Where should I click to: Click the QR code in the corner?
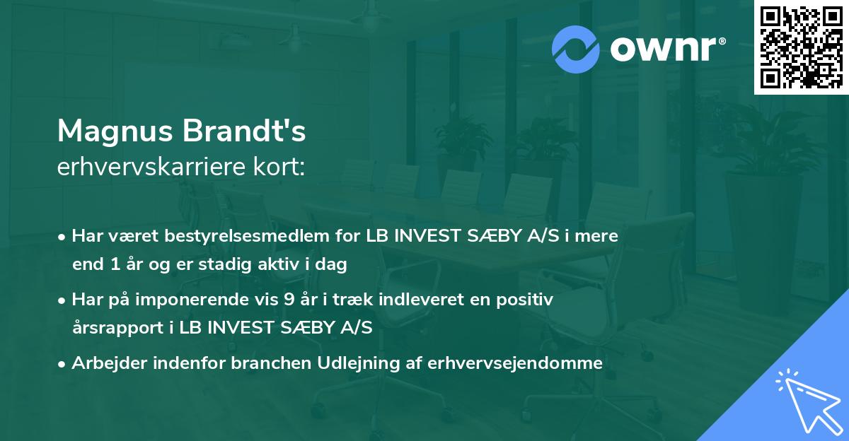click(x=801, y=47)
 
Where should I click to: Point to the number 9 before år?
click(x=288, y=300)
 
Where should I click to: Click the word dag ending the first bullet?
click(x=334, y=266)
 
